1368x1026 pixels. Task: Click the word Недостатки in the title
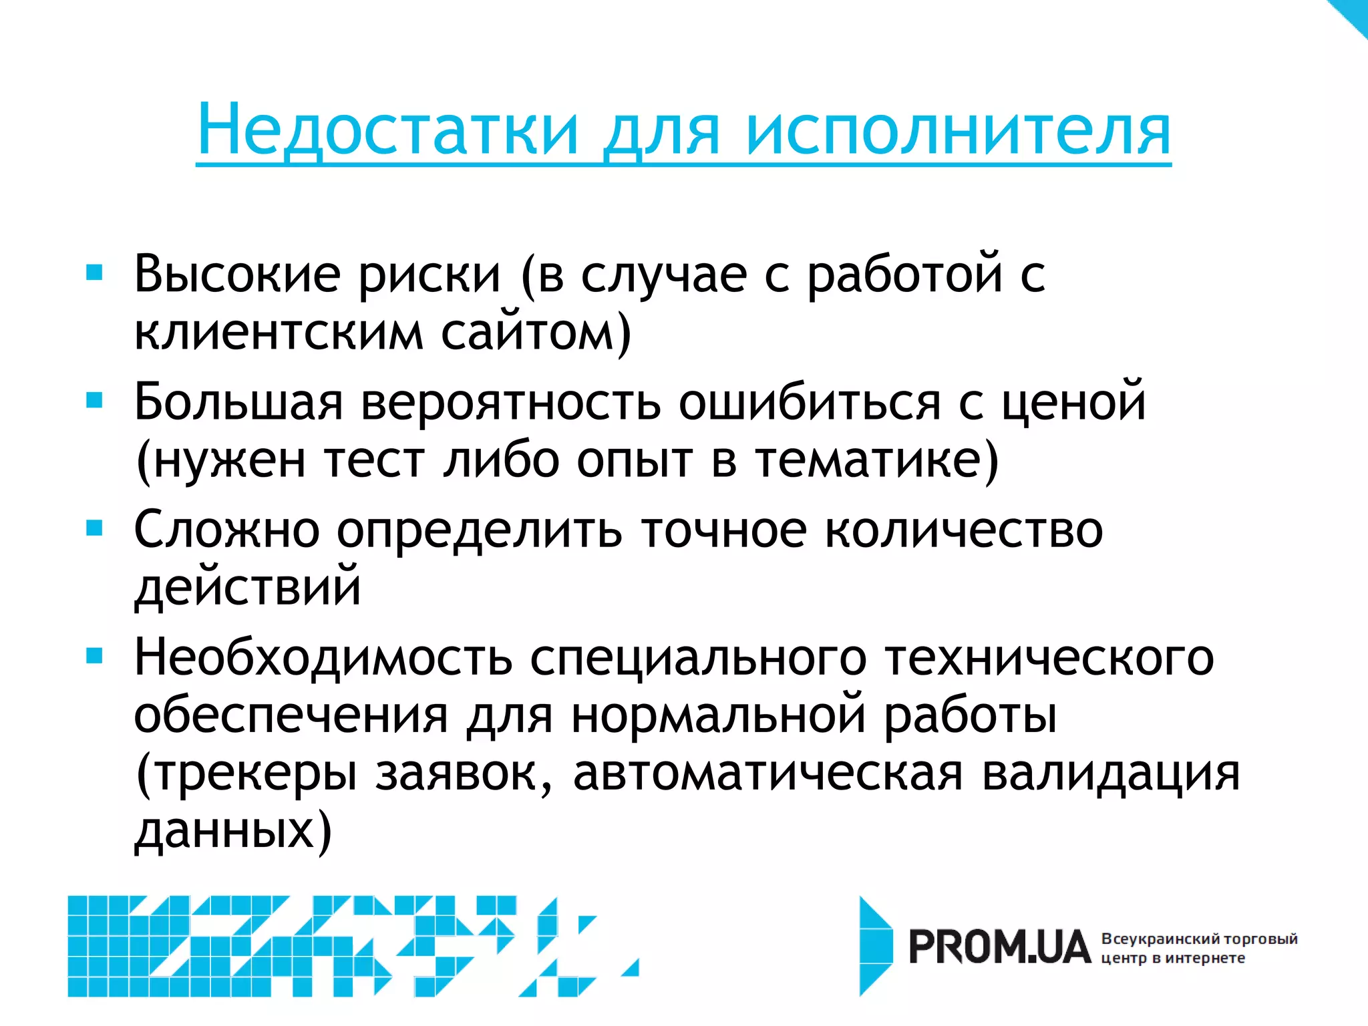click(x=387, y=130)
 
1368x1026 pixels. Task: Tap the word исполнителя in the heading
click(x=958, y=130)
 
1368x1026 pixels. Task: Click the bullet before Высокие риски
click(x=95, y=273)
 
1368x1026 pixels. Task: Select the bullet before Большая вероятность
click(x=95, y=400)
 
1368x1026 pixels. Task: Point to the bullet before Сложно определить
click(x=95, y=528)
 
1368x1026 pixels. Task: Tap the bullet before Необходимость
click(x=95, y=657)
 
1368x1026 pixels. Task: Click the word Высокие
click(x=237, y=274)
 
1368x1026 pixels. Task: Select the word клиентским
click(x=279, y=332)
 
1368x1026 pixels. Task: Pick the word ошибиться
click(x=810, y=402)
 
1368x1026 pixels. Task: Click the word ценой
click(x=1073, y=402)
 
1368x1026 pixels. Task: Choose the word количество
click(x=963, y=530)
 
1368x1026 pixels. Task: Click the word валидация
click(x=1110, y=774)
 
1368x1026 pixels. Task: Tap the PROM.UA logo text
click(x=999, y=948)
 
